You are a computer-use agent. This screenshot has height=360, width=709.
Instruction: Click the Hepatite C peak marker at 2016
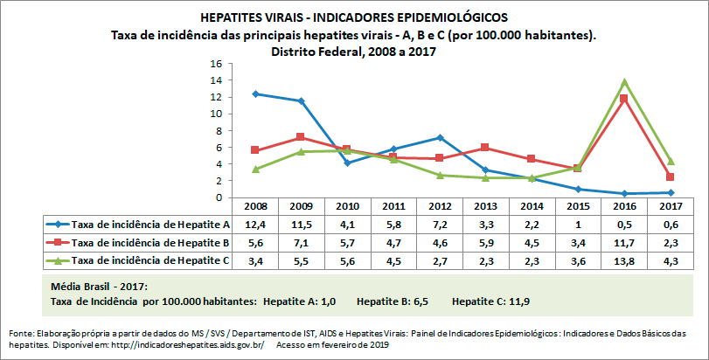[623, 82]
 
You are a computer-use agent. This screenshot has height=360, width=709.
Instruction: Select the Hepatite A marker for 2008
[254, 93]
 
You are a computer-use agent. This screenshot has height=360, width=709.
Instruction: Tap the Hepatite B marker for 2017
[670, 177]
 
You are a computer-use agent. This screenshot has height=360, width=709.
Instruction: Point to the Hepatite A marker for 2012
[440, 137]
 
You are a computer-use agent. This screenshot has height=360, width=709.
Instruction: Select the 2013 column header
[486, 207]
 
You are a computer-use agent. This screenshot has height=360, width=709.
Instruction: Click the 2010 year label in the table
[347, 207]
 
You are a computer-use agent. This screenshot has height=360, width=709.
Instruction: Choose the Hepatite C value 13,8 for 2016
[623, 260]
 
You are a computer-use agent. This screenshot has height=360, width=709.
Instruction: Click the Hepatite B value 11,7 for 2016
[623, 243]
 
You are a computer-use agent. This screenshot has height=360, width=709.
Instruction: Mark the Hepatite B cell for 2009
[301, 243]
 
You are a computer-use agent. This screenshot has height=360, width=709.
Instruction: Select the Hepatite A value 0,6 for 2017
[670, 225]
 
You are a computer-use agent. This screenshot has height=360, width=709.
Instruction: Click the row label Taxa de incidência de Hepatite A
[150, 225]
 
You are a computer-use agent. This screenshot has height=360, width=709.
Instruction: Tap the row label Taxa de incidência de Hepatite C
[150, 260]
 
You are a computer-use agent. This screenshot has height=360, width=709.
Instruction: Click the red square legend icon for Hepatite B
[59, 243]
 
